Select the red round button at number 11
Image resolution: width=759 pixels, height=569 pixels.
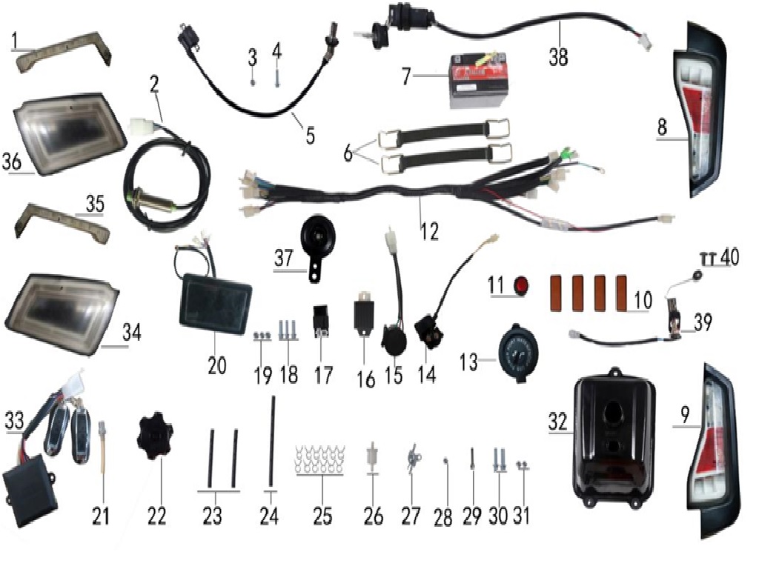tap(521, 285)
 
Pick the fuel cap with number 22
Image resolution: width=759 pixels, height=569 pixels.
tap(154, 435)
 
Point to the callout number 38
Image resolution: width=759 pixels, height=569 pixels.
tap(558, 56)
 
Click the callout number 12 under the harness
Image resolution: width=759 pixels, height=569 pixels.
tap(429, 231)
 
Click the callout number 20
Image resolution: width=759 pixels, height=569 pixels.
tap(217, 365)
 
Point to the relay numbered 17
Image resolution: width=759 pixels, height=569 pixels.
tap(320, 321)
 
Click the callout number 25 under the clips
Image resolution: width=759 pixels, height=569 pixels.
tap(322, 516)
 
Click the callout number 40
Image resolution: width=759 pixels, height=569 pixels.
tap(729, 257)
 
